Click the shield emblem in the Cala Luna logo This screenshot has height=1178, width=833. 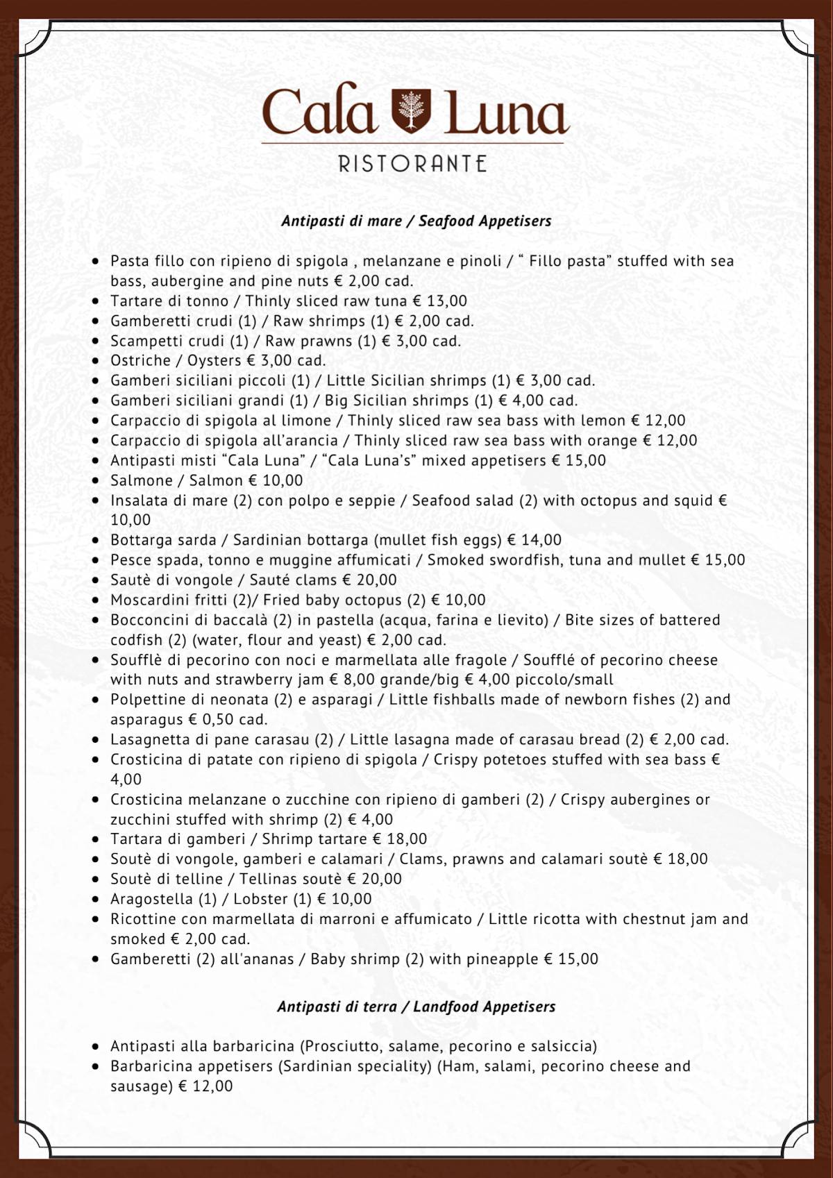pyautogui.click(x=412, y=110)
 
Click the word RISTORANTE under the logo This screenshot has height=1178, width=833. pyautogui.click(x=412, y=164)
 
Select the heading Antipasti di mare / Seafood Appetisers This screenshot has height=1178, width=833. pyautogui.click(x=416, y=221)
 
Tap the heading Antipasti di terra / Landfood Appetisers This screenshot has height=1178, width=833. pyautogui.click(x=416, y=1007)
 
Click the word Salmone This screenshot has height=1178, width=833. pyautogui.click(x=142, y=480)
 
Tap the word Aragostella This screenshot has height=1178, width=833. pyautogui.click(x=151, y=899)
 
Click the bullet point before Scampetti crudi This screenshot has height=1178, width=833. pyautogui.click(x=96, y=342)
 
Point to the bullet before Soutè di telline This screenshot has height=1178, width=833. pyautogui.click(x=96, y=880)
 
